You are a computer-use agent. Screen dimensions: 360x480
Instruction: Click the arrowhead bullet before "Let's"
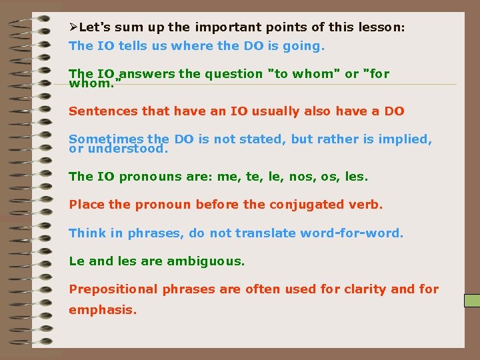tap(73, 27)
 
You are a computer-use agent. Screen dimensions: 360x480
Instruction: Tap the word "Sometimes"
tap(106, 139)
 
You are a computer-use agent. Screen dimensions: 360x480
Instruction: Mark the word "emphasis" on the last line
tap(103, 309)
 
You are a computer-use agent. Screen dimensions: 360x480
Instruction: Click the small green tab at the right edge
tap(472, 300)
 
